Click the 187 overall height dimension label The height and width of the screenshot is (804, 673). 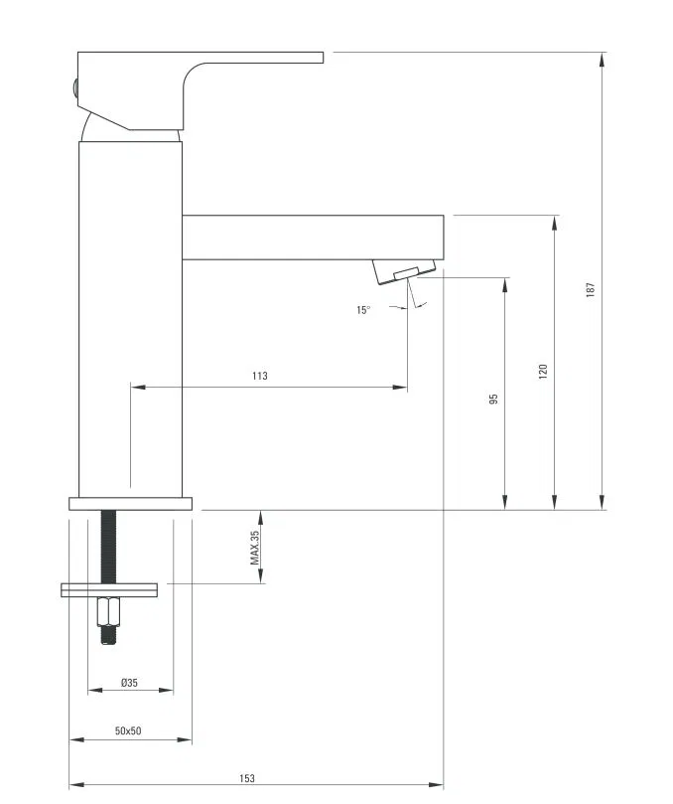[x=591, y=290]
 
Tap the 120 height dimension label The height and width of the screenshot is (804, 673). [x=543, y=372]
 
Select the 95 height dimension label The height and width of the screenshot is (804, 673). [x=493, y=399]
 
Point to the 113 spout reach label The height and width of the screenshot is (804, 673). [x=260, y=376]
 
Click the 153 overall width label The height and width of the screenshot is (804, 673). [x=247, y=778]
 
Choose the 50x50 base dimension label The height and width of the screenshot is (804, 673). [x=128, y=730]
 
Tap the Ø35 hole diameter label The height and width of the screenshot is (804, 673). [x=130, y=683]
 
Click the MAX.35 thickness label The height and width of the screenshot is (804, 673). [x=254, y=548]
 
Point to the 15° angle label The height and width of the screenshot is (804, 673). [x=363, y=310]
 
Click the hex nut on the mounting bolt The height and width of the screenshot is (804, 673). [x=108, y=611]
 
